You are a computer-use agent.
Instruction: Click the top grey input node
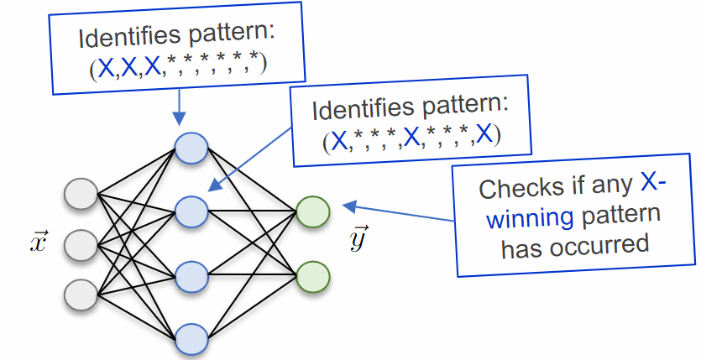(81, 195)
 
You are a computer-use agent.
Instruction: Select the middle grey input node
(81, 244)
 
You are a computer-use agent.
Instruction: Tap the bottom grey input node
(81, 294)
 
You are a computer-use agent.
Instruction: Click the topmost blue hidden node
(191, 148)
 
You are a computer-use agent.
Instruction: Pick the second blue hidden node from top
(191, 209)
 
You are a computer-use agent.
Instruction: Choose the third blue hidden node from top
(191, 274)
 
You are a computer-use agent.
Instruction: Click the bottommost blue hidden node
(191, 338)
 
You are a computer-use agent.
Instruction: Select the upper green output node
(312, 211)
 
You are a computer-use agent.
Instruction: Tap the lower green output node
(312, 274)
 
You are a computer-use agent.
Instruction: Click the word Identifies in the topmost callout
(123, 39)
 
